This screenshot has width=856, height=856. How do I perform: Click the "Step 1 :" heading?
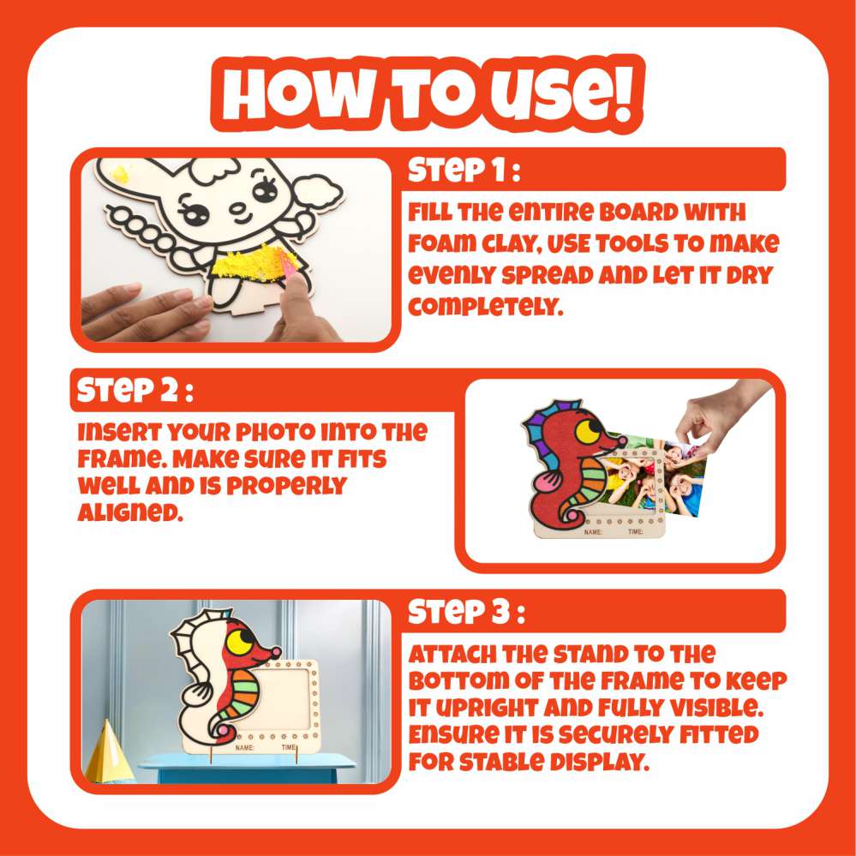(464, 170)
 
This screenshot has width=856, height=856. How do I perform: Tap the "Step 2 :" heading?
(135, 391)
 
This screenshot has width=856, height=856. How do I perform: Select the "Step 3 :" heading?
(466, 612)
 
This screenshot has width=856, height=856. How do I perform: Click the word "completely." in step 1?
(485, 307)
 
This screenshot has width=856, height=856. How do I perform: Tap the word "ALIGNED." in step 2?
(130, 512)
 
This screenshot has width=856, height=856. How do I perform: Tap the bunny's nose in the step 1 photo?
(237, 208)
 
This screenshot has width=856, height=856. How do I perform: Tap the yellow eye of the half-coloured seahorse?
(239, 642)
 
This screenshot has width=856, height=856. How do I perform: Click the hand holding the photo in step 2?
(721, 415)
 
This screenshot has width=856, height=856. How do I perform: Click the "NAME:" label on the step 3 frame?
(244, 747)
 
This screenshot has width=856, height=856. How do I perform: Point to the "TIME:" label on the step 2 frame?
(636, 532)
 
